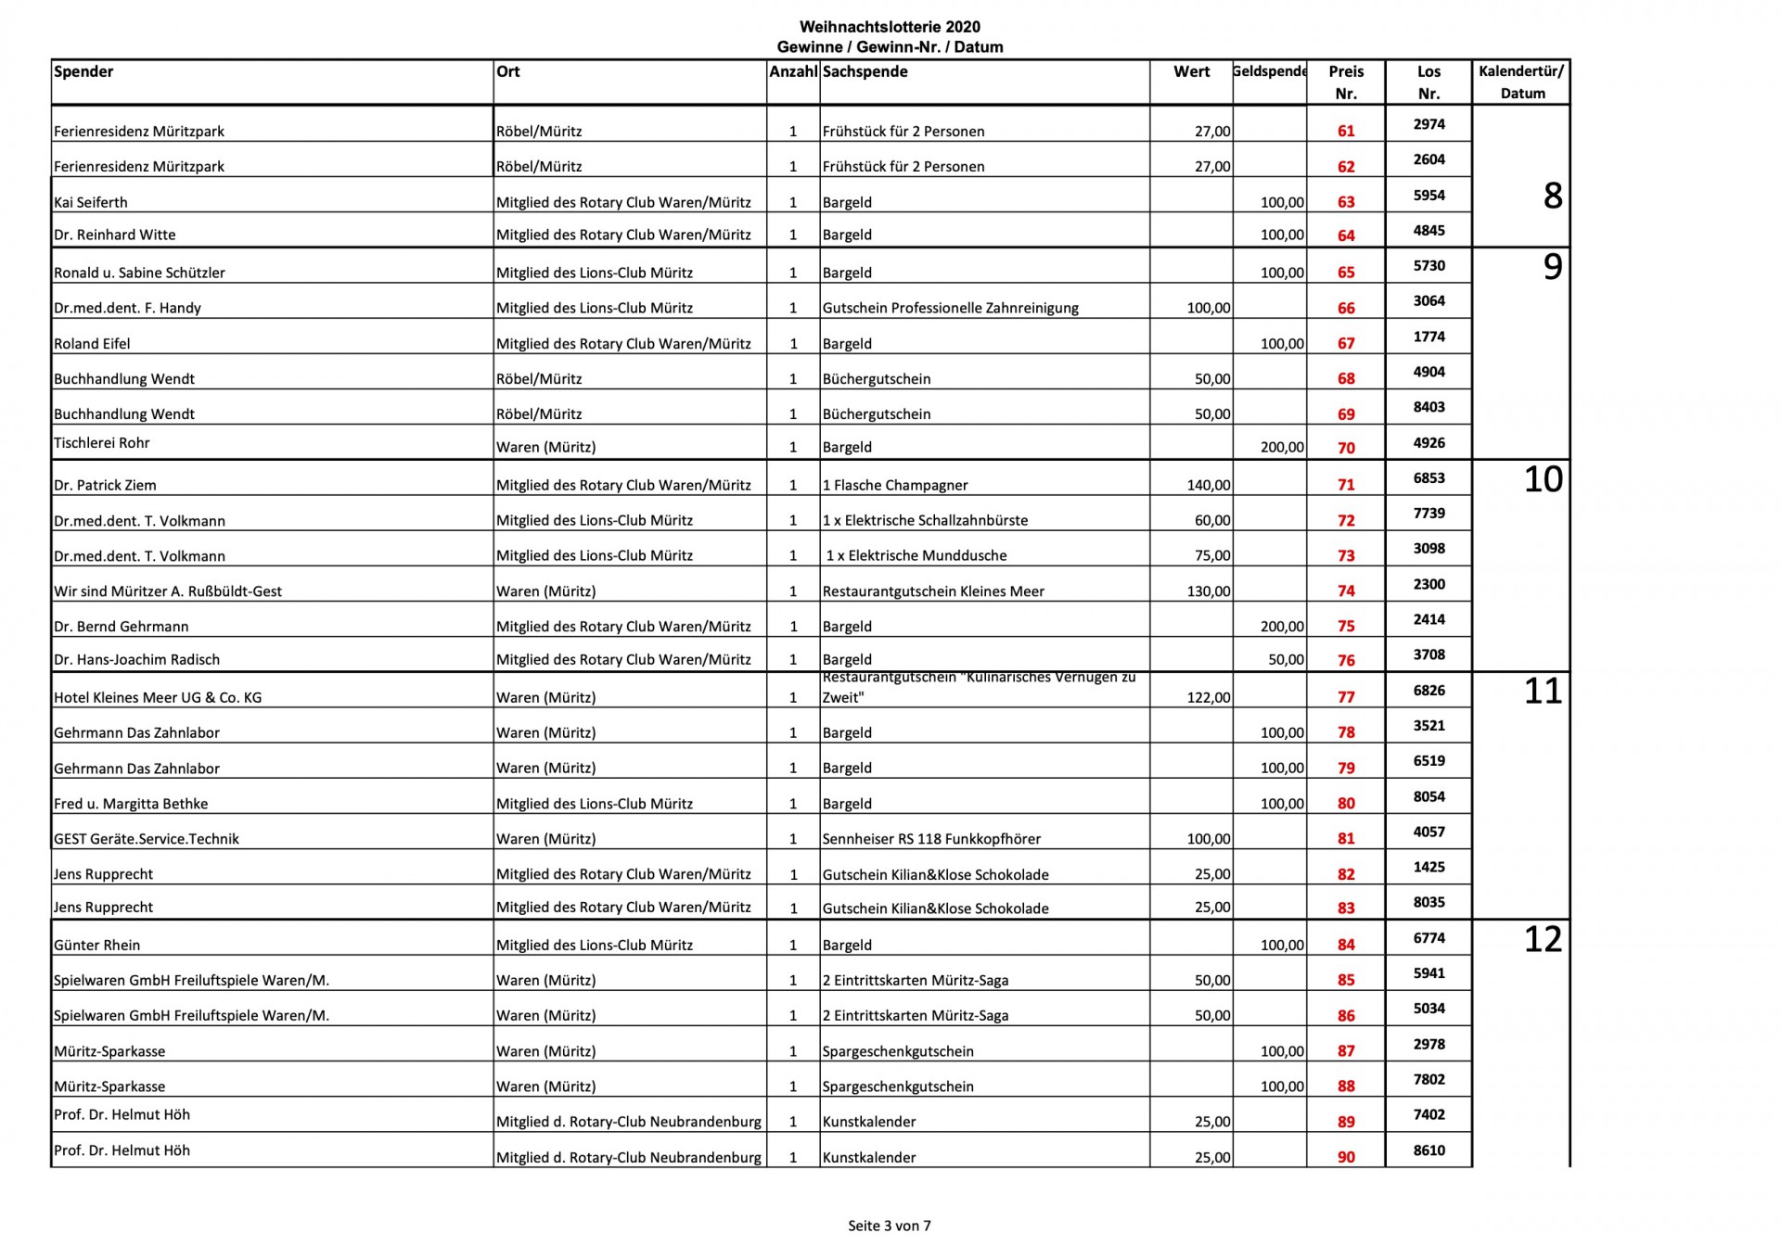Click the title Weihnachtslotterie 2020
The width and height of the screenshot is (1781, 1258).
pyautogui.click(x=890, y=27)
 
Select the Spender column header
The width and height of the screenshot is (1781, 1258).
pyautogui.click(x=83, y=71)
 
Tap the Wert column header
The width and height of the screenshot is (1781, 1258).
pyautogui.click(x=1191, y=71)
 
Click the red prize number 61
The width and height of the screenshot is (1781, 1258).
pyautogui.click(x=1346, y=131)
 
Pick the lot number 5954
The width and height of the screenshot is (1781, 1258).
pyautogui.click(x=1429, y=195)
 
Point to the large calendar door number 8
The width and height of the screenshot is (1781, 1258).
pyautogui.click(x=1552, y=196)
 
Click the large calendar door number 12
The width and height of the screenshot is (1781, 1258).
pyautogui.click(x=1543, y=939)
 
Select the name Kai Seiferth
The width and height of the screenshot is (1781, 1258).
pyautogui.click(x=91, y=202)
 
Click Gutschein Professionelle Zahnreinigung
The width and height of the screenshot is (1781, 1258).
pyautogui.click(x=950, y=308)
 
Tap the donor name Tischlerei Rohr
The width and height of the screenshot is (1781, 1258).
pyautogui.click(x=101, y=443)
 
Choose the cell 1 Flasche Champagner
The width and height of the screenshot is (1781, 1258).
pyautogui.click(x=894, y=485)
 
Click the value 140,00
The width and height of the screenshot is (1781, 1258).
pyautogui.click(x=1209, y=485)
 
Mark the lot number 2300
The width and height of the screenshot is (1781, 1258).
pyautogui.click(x=1429, y=584)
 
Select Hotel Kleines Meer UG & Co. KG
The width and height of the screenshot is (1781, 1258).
pyautogui.click(x=158, y=697)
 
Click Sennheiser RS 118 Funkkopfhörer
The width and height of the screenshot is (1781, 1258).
pyautogui.click(x=931, y=839)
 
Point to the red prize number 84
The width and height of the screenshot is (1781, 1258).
pyautogui.click(x=1346, y=945)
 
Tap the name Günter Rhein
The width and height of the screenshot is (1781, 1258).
pyautogui.click(x=96, y=945)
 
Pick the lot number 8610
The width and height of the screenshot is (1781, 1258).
pyautogui.click(x=1429, y=1150)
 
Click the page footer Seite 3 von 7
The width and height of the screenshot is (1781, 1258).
pyautogui.click(x=889, y=1226)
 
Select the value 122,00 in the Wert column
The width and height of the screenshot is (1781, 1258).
pyautogui.click(x=1209, y=697)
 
